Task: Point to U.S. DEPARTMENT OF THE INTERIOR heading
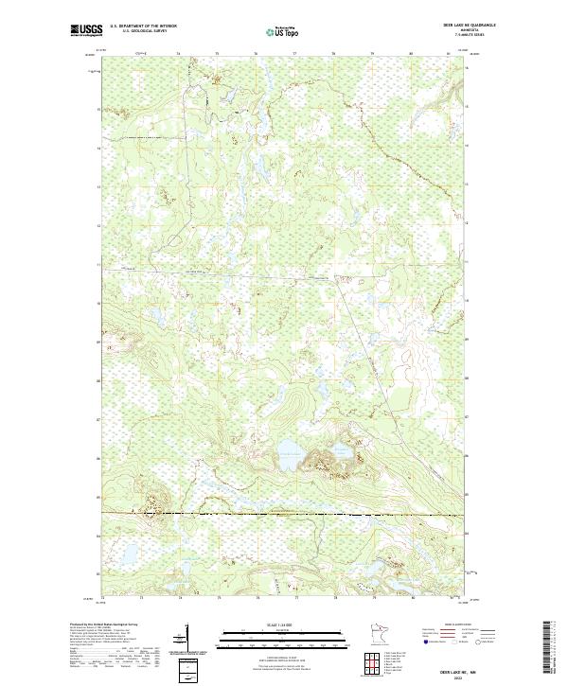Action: click(x=143, y=26)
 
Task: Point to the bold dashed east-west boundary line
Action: click(x=284, y=514)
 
